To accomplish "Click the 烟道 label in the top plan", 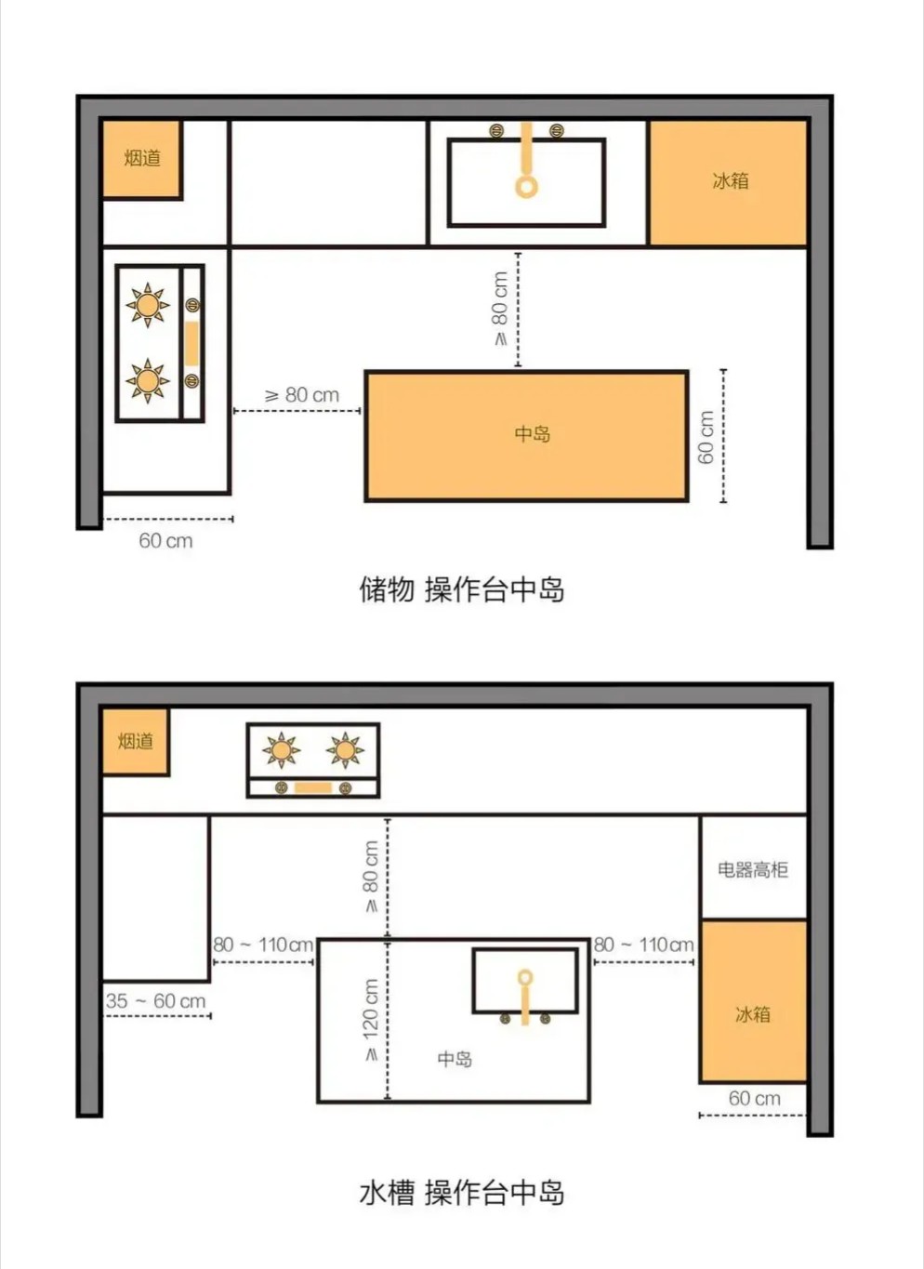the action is pyautogui.click(x=142, y=157).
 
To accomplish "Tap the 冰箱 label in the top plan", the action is pyautogui.click(x=731, y=180).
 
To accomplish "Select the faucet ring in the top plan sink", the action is pyautogui.click(x=526, y=186).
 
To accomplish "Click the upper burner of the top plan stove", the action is pyautogui.click(x=147, y=305).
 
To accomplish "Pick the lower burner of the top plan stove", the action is pyautogui.click(x=147, y=380).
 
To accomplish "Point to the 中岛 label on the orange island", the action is pyautogui.click(x=532, y=434).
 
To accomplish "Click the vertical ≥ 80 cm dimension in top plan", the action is pyautogui.click(x=500, y=310).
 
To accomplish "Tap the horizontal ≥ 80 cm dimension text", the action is pyautogui.click(x=302, y=395).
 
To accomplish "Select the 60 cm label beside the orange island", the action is pyautogui.click(x=705, y=437).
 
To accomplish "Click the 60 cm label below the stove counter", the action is pyautogui.click(x=165, y=541).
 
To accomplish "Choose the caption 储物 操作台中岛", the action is pyautogui.click(x=462, y=589).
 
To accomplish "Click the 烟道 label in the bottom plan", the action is pyautogui.click(x=136, y=741).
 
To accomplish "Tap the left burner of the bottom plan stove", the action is pyautogui.click(x=281, y=750).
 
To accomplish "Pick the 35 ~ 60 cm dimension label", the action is pyautogui.click(x=155, y=1001).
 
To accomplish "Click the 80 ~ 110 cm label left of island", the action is pyautogui.click(x=263, y=945).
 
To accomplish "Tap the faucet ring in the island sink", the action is pyautogui.click(x=525, y=977).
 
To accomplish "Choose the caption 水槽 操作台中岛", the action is pyautogui.click(x=462, y=1192).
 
